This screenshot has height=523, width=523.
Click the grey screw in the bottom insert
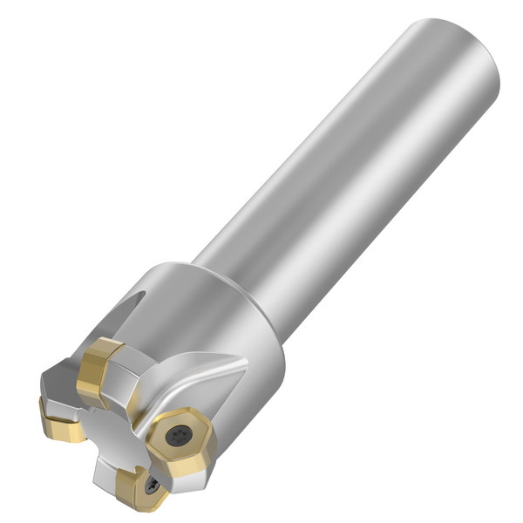(x=153, y=485)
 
